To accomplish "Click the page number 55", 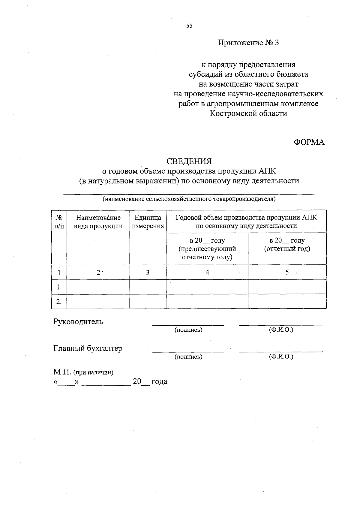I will [x=189, y=26].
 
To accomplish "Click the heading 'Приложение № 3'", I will [x=248, y=43].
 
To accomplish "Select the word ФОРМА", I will [x=309, y=142].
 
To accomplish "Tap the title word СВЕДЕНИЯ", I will [x=189, y=161].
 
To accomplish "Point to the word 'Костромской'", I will [x=231, y=114].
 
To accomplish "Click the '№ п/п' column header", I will [x=59, y=222].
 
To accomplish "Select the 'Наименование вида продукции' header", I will [x=98, y=222].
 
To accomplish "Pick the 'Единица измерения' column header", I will [x=148, y=222].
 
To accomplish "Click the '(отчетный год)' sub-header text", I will [x=287, y=249].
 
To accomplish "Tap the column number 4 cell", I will [x=207, y=272].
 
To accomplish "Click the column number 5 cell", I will [x=287, y=272].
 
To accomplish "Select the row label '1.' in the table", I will [x=59, y=287].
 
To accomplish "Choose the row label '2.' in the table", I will [x=59, y=302].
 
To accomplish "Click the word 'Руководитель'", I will [x=78, y=322].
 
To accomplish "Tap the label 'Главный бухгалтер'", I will [x=88, y=349].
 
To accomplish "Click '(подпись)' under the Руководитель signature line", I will [x=188, y=330].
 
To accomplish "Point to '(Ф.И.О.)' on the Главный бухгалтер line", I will [x=281, y=357].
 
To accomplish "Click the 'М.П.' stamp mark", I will [x=62, y=373].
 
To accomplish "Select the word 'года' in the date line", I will [x=159, y=382].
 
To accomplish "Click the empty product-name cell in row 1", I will [x=98, y=287].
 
